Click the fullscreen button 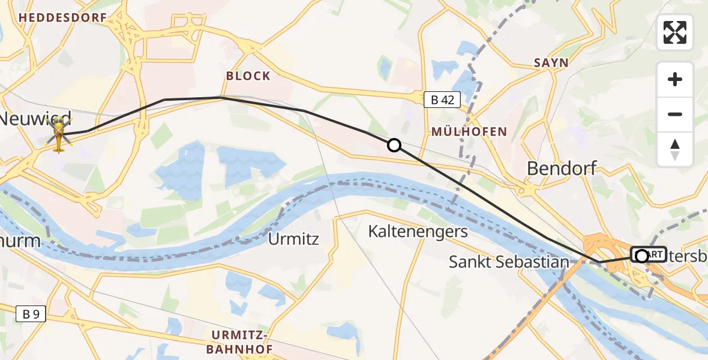pos(675,32)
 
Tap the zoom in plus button pos(675,80)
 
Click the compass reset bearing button pos(675,149)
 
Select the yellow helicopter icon pos(59,135)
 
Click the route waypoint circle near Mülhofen pos(394,145)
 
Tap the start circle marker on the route pos(641,256)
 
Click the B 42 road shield pos(442,100)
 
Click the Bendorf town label pos(562,169)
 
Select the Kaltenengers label pos(418,232)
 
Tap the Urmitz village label pos(293,239)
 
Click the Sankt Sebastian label pos(509,262)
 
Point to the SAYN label pos(550,63)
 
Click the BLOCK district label pos(248,76)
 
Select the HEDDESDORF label pos(62,18)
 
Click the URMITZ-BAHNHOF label pos(242,341)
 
